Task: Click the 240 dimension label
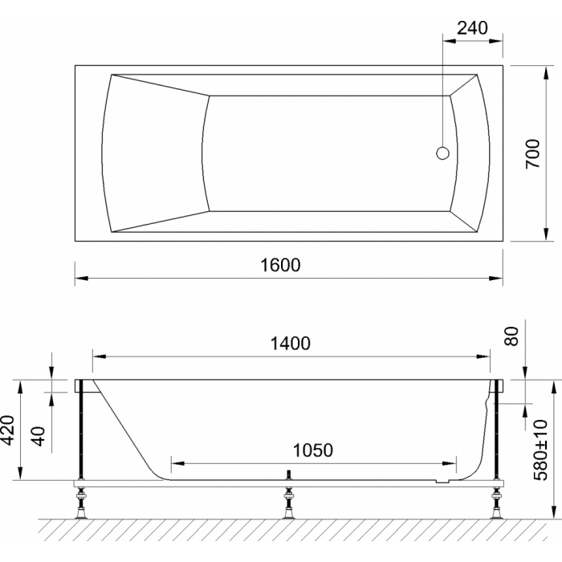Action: [x=472, y=28]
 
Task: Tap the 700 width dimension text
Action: [x=532, y=154]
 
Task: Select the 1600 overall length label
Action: [x=280, y=265]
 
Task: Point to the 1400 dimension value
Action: [x=290, y=344]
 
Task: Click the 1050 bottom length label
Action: [x=313, y=450]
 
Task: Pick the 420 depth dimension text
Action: [x=7, y=430]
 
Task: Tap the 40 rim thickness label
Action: [x=39, y=436]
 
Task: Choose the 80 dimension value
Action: [x=511, y=336]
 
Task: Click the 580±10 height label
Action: [x=541, y=450]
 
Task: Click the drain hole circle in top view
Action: [x=442, y=153]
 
